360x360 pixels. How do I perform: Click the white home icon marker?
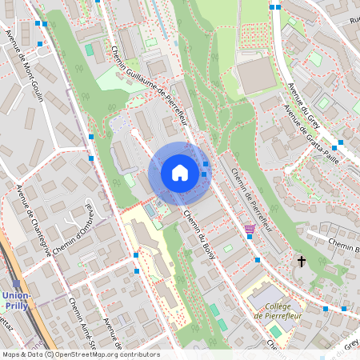(180, 173)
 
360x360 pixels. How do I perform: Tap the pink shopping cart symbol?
(250, 230)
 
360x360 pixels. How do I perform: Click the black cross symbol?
(302, 261)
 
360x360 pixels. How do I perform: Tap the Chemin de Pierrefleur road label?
(250, 200)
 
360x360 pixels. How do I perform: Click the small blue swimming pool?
(150, 210)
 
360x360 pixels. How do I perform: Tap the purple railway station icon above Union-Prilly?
(16, 284)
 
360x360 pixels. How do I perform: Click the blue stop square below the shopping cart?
(258, 260)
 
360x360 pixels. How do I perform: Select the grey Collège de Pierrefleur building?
(265, 297)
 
